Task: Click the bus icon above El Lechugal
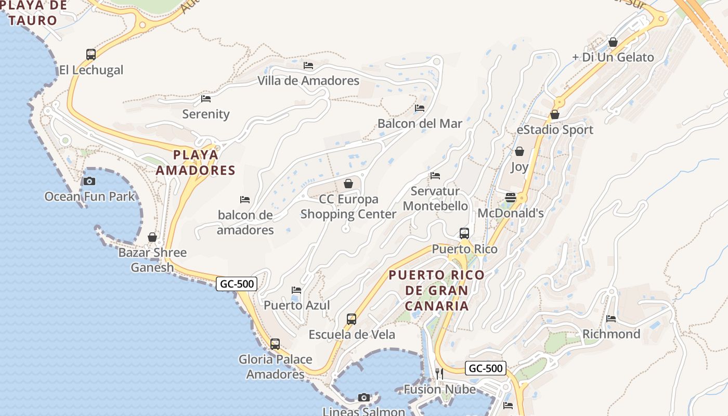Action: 91,54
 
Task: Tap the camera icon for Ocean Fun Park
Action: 89,181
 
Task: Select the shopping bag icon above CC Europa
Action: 348,184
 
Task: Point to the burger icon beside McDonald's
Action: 511,198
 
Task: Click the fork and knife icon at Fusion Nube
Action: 439,373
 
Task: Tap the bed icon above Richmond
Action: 611,318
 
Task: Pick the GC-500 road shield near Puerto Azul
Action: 237,284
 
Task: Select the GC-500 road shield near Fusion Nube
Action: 485,369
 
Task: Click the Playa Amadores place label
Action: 196,162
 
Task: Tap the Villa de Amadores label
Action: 308,81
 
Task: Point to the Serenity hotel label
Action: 206,114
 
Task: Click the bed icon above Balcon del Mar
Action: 420,108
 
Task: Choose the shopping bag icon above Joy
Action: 519,151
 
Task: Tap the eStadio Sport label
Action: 555,129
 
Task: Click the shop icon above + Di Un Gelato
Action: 613,42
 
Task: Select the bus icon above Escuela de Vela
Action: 352,319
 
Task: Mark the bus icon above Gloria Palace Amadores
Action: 275,344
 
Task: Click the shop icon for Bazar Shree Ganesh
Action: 152,237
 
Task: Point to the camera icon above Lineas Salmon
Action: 364,398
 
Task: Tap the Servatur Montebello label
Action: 436,198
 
